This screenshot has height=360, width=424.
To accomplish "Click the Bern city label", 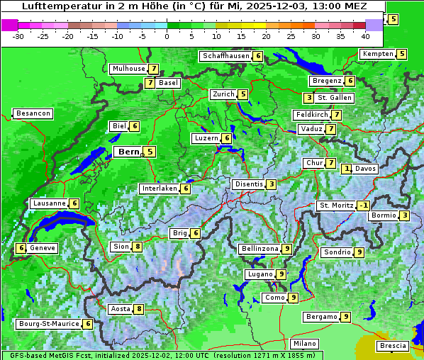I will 128,152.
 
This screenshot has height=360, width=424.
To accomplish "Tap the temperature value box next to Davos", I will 347,169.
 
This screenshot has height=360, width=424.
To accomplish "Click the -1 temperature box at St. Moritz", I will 363,206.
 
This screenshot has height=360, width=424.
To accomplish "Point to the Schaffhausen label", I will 226,56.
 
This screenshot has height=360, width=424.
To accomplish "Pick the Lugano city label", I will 260,274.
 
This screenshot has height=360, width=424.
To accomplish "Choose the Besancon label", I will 33,113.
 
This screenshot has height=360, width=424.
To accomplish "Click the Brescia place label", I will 393,346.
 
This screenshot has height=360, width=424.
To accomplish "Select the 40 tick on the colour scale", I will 365,36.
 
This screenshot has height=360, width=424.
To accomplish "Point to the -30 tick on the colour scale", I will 18,36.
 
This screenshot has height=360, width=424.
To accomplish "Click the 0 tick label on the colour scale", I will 167,36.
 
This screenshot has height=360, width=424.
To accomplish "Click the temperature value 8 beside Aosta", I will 139,309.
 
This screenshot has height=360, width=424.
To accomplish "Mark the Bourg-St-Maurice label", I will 48,324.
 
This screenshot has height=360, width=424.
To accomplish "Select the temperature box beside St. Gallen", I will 308,98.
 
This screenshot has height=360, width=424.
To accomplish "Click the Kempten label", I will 376,54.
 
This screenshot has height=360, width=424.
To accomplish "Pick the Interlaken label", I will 159,189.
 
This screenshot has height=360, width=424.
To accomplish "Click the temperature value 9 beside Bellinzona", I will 286,249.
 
